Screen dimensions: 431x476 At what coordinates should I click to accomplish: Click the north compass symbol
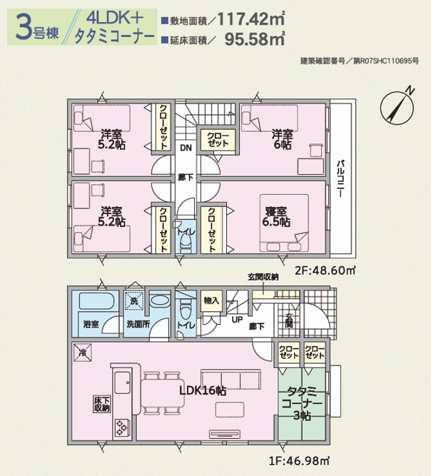pyautogui.click(x=397, y=107)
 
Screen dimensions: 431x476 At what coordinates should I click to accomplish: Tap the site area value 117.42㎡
pyautogui.click(x=251, y=19)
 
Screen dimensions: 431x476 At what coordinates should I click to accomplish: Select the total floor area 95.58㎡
pyautogui.click(x=255, y=39)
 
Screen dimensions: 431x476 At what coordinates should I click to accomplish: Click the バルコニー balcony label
pyautogui.click(x=340, y=178)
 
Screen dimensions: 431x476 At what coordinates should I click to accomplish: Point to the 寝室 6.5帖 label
pyautogui.click(x=276, y=217)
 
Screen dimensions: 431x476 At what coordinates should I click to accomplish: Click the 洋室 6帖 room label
pyautogui.click(x=283, y=139)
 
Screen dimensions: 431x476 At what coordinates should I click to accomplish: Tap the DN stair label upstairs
pyautogui.click(x=186, y=148)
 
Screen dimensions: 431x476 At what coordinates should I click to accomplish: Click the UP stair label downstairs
pyautogui.click(x=237, y=320)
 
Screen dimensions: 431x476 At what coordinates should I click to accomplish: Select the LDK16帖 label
pyautogui.click(x=203, y=390)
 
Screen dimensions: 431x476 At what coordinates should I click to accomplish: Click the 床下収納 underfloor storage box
pyautogui.click(x=101, y=405)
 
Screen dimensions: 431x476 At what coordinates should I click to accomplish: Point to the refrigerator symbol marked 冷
pyautogui.click(x=82, y=353)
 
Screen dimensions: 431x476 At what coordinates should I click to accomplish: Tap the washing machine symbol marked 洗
pyautogui.click(x=134, y=301)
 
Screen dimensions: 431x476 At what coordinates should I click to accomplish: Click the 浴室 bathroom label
pyautogui.click(x=91, y=324)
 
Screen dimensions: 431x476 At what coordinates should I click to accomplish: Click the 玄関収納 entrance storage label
pyautogui.click(x=263, y=277)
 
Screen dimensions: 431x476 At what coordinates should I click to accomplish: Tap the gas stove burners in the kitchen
pyautogui.click(x=121, y=427)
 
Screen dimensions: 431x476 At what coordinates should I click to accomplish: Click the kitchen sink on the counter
pyautogui.click(x=123, y=383)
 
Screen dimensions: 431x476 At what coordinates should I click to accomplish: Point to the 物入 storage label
pyautogui.click(x=211, y=301)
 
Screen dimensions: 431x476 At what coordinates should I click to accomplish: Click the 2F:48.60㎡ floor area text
pyautogui.click(x=325, y=270)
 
